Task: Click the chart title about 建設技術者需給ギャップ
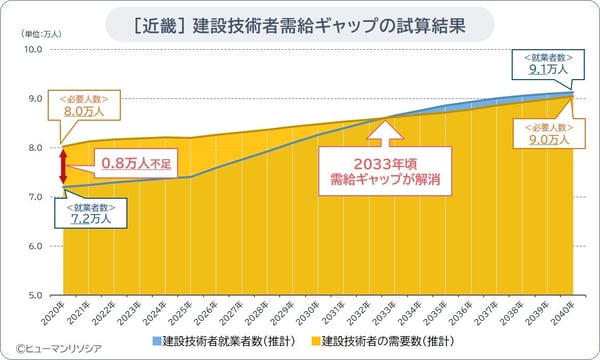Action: pos(300,21)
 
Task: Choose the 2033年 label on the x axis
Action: pos(381,311)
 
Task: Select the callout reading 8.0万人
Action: pos(87,107)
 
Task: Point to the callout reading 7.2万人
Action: pos(91,213)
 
